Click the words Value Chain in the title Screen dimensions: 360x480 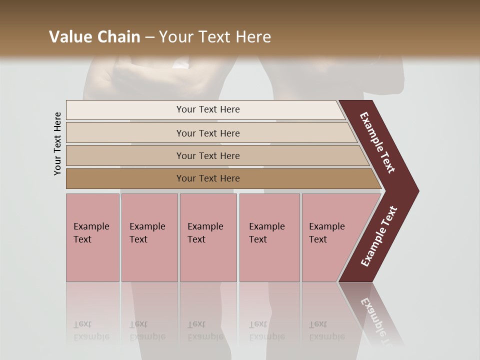tap(94, 37)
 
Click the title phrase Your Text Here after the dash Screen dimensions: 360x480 tap(215, 37)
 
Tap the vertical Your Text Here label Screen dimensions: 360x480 tap(57, 143)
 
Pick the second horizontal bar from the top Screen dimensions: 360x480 tap(207, 133)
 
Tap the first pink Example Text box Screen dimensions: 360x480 tap(92, 237)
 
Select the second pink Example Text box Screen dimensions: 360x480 tap(149, 237)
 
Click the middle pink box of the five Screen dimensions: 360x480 tap(208, 237)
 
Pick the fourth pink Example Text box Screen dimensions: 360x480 tap(269, 237)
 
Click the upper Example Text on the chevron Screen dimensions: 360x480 tap(378, 142)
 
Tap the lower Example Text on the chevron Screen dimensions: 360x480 tap(378, 236)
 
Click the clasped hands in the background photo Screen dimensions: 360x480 tap(150, 75)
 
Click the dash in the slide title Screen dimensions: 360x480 tap(149, 37)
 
